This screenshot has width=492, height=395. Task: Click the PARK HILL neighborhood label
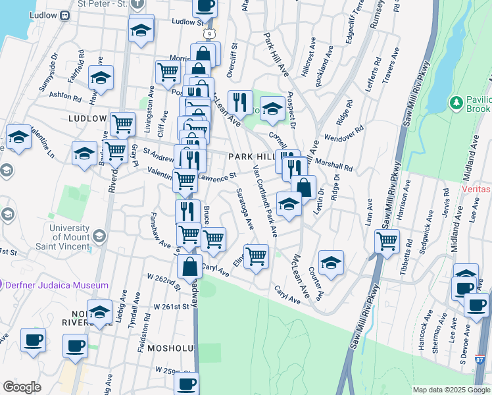coord(251,157)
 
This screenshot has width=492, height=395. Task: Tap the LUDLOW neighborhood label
coord(87,118)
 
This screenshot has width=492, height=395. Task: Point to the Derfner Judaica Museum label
coord(57,285)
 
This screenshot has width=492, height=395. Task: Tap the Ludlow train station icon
coord(65,16)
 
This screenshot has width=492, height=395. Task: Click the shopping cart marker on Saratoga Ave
coord(256,255)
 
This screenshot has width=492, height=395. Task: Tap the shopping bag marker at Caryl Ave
coord(189,267)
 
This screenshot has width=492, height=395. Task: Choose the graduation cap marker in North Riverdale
coord(100,312)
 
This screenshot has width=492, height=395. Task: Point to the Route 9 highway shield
coord(209,33)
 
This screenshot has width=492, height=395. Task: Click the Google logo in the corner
coord(22,387)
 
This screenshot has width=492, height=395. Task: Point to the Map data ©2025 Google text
coord(450,390)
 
